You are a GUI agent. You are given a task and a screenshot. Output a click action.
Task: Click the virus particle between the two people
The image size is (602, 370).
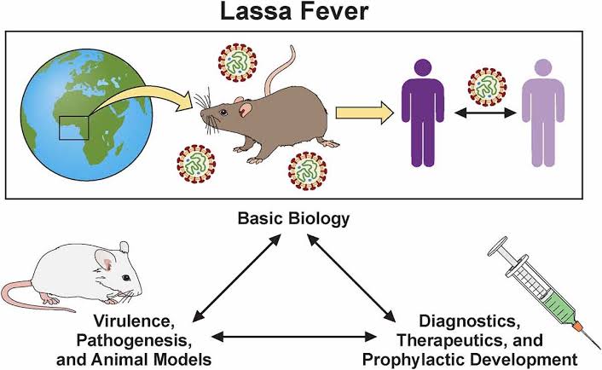[x=487, y=85]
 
